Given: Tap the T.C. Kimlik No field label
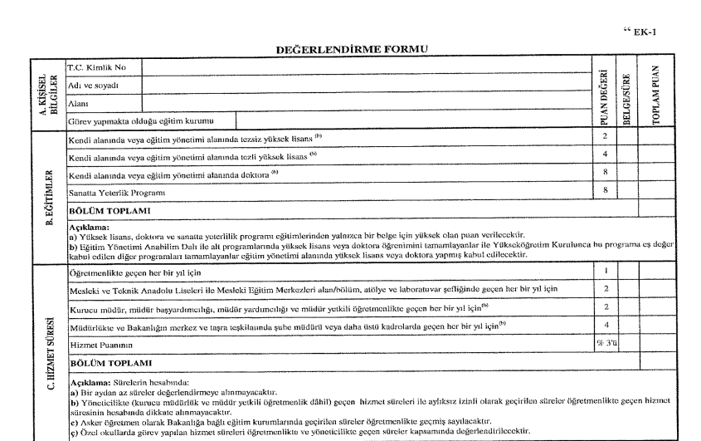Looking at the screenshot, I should (95, 66).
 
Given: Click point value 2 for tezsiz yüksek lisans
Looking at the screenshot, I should (606, 135).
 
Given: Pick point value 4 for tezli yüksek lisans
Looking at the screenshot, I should (606, 154).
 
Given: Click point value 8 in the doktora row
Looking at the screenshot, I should (606, 174).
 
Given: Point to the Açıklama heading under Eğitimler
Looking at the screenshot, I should (86, 224).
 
